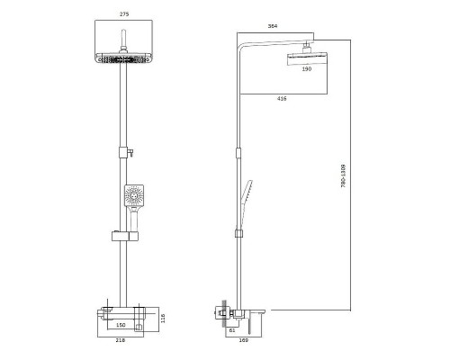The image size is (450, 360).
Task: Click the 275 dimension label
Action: tap(124, 14)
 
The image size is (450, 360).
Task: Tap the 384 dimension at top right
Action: tap(273, 26)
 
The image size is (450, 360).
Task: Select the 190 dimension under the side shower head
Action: tap(307, 69)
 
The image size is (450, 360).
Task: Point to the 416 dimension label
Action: tap(282, 98)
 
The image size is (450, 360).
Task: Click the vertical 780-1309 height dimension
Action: tap(344, 175)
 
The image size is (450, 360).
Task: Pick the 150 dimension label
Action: tap(121, 325)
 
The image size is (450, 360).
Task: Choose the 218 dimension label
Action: tap(121, 340)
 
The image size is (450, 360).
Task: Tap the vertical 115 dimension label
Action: tap(163, 319)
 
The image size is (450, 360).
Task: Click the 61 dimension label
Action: tap(232, 330)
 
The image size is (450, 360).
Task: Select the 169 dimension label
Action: tap(244, 340)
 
